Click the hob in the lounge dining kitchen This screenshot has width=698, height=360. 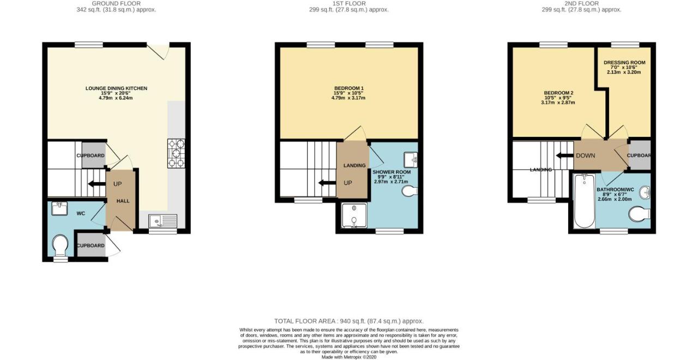coord(176,153)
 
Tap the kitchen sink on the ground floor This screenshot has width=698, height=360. coord(163,221)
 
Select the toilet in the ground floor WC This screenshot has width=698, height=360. coord(60,246)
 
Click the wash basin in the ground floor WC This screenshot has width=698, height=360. coord(59,208)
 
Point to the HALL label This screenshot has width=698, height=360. coord(123,201)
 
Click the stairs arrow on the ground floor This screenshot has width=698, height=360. coord(97,184)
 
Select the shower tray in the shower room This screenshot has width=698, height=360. coord(354,215)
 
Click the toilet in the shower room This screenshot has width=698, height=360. coord(410,191)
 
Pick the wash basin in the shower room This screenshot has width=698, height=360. coord(411,160)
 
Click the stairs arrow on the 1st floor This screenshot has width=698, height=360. coord(327,183)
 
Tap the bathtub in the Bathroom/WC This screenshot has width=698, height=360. coord(584,201)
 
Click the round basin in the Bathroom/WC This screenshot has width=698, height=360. coord(645,193)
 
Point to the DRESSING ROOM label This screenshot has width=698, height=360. coord(624,62)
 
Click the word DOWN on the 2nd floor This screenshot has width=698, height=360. coord(586,155)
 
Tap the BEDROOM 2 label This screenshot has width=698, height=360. coord(559,93)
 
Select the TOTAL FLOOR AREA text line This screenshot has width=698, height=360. coord(349,321)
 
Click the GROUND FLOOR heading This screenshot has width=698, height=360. coord(116,3)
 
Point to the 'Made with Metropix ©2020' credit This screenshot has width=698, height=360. coord(349,357)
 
